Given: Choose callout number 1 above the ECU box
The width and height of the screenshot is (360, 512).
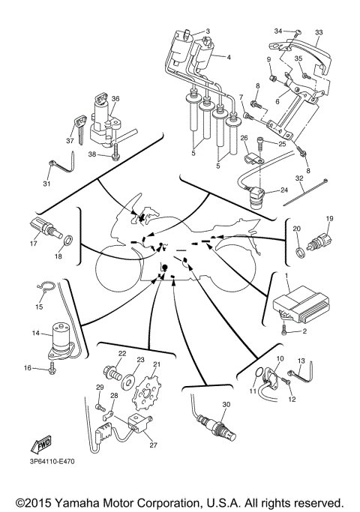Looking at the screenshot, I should point(286,277).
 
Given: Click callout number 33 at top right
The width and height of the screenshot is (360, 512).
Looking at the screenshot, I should point(319,32).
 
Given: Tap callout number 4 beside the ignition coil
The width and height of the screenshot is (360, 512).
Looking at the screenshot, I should point(229,57).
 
